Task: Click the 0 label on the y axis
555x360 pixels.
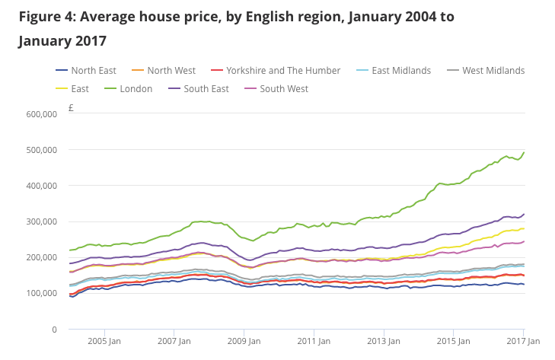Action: tap(54, 330)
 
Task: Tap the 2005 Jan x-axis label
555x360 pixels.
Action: tap(104, 342)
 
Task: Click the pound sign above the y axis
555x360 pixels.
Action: tap(71, 108)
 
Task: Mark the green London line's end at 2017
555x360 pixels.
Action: tap(524, 152)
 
